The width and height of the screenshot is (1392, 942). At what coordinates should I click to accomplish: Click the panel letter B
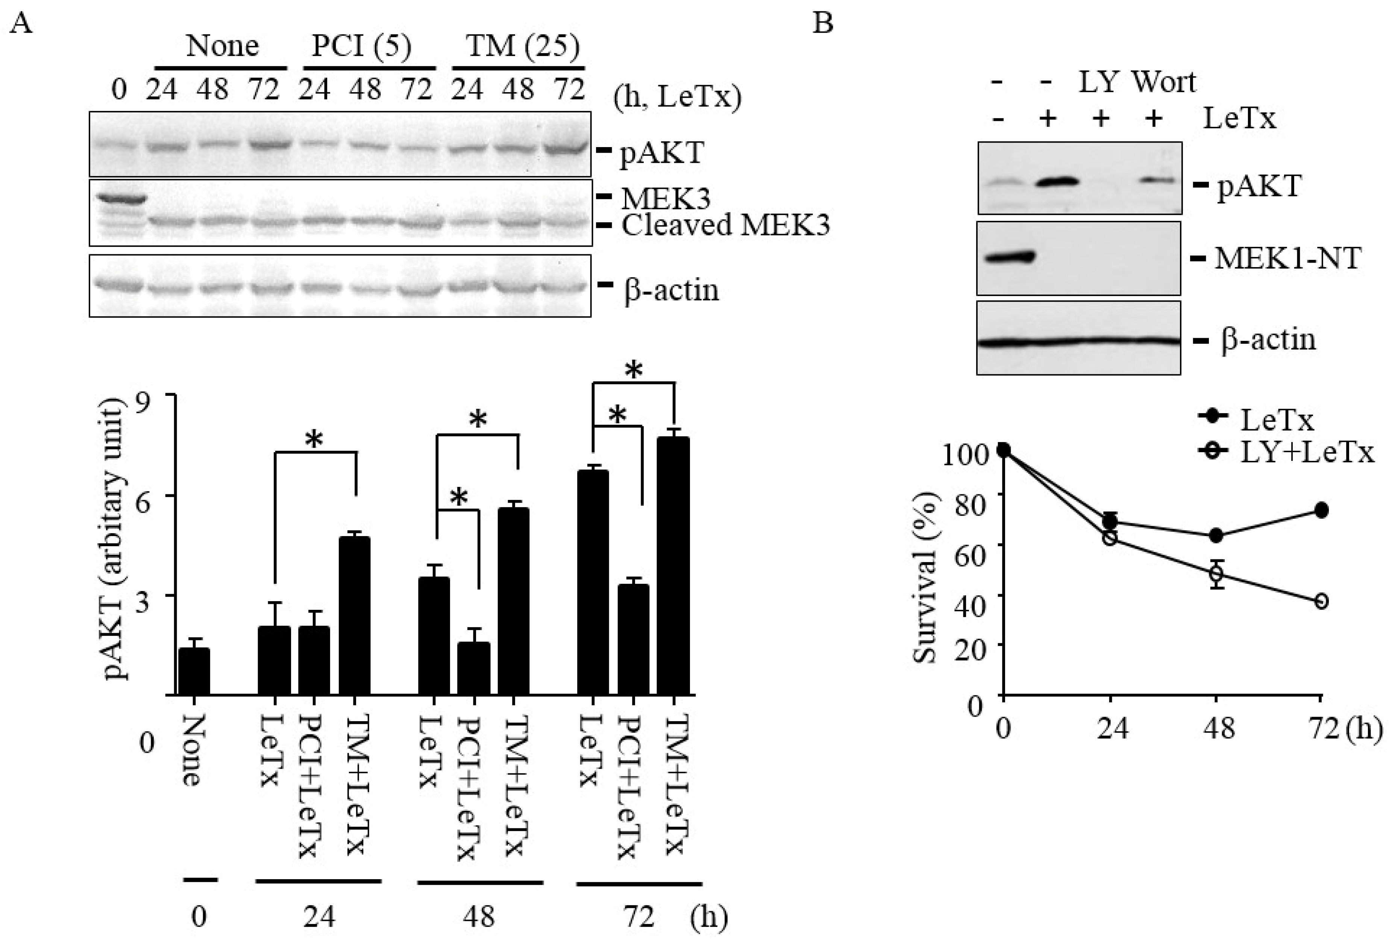(822, 24)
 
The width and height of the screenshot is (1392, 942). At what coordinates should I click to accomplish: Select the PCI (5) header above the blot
(362, 46)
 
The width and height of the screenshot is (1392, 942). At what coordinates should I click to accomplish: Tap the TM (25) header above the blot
(522, 46)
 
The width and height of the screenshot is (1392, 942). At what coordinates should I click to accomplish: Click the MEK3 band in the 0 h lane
(118, 198)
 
